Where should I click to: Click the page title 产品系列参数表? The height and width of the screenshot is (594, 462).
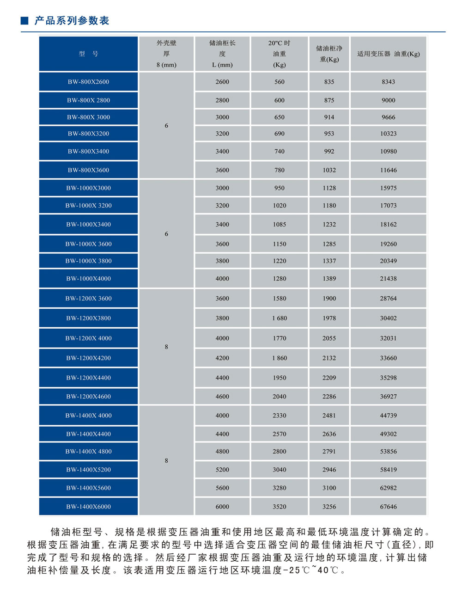coord(72,21)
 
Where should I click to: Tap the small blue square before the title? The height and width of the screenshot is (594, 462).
coord(25,21)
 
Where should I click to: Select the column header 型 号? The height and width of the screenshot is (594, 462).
coord(88,54)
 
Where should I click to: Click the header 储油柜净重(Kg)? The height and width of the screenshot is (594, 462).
coord(329,54)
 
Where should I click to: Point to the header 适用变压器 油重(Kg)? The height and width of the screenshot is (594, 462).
coord(388,54)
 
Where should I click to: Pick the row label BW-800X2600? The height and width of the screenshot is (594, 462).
coord(88,82)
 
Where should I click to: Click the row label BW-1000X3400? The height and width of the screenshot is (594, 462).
coord(88,225)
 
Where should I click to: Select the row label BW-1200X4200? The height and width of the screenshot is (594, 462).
coord(88,358)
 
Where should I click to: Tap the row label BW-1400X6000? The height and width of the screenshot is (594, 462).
coord(88,507)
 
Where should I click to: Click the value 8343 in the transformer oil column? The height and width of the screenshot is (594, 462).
coord(388,82)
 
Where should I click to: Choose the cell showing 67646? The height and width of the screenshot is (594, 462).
coord(388,507)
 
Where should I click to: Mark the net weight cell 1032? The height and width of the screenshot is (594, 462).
coord(329,170)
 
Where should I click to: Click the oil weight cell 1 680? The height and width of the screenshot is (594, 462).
coord(279,318)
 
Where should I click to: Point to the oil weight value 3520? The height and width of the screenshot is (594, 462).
coord(279,507)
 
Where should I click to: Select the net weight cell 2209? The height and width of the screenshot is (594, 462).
coord(329,378)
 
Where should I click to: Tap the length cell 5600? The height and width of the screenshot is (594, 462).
coord(222,488)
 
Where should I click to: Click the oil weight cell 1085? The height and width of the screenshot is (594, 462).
coord(279,225)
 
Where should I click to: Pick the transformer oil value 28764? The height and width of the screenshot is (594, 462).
coord(388,299)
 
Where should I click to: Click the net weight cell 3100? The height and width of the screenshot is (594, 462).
coord(329,488)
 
